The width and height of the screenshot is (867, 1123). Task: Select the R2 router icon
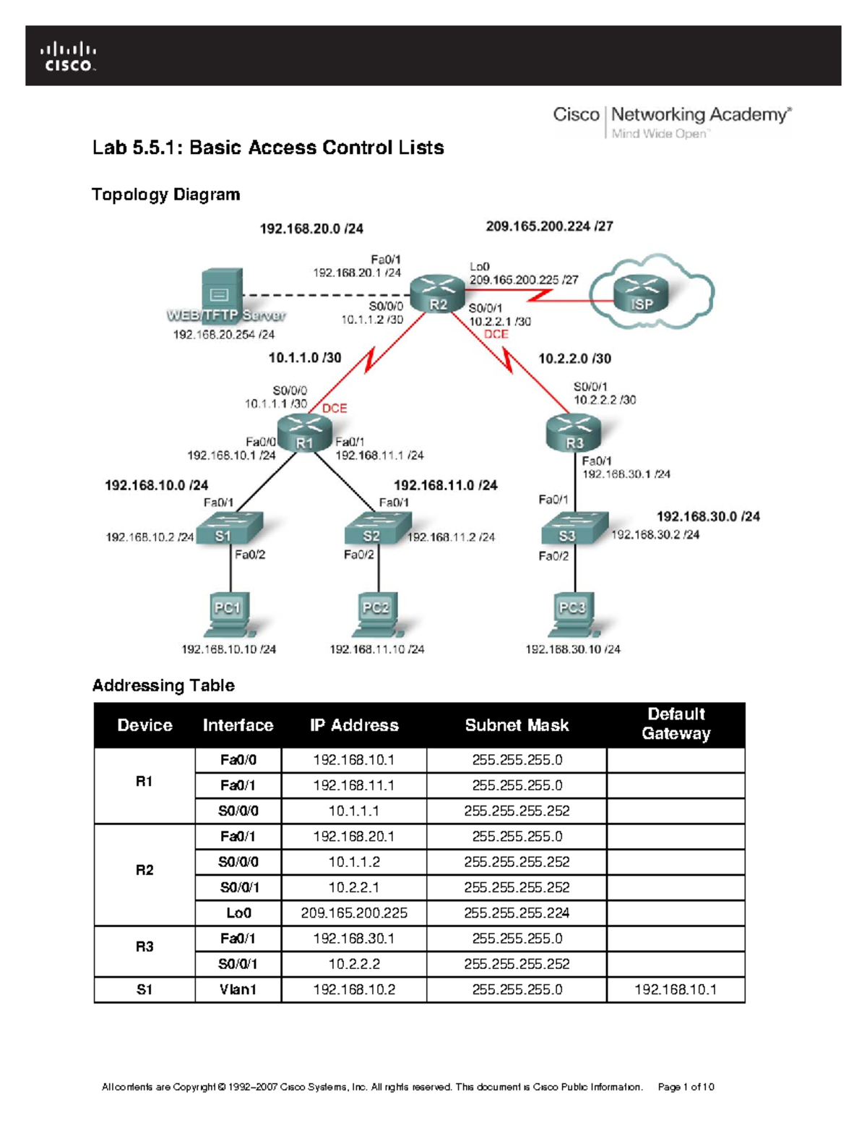pos(437,294)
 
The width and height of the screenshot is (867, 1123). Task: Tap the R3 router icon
pos(574,432)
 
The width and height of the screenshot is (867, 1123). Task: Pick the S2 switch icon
pos(376,529)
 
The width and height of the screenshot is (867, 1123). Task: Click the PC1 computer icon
pos(229,615)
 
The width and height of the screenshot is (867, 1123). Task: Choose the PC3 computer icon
pos(574,615)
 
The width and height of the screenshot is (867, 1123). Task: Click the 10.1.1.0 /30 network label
pos(305,358)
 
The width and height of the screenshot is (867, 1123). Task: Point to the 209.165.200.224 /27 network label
pos(549,226)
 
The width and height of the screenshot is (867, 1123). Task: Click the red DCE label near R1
pos(335,409)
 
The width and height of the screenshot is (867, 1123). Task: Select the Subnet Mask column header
pos(517,725)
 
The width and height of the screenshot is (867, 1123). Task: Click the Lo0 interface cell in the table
pos(238,913)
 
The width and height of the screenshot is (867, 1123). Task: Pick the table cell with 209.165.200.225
pos(354,913)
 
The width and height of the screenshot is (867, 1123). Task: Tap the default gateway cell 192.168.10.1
pos(676,990)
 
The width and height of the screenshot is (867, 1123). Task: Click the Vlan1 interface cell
pos(238,990)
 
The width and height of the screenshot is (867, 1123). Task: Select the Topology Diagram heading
pos(165,195)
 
